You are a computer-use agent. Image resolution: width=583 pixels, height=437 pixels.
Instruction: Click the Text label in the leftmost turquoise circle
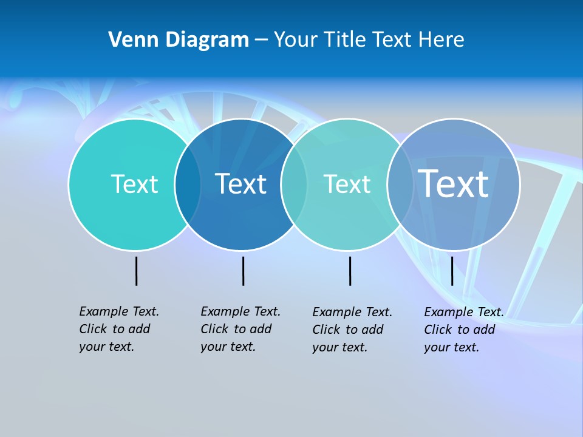[x=134, y=184]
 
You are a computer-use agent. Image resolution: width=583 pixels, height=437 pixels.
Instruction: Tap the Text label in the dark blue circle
[x=240, y=184]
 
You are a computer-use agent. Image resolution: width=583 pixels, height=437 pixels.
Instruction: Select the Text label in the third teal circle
[x=347, y=184]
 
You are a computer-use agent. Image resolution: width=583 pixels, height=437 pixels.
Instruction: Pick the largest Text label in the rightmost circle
[x=453, y=183]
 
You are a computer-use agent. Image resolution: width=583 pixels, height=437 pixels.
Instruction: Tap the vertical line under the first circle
[x=136, y=271]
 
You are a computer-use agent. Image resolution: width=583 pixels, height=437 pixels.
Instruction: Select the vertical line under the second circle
[x=243, y=271]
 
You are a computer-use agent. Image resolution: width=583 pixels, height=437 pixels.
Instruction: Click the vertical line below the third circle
[x=350, y=271]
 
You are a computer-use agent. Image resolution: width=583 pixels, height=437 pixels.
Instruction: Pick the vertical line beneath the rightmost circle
[x=452, y=271]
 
